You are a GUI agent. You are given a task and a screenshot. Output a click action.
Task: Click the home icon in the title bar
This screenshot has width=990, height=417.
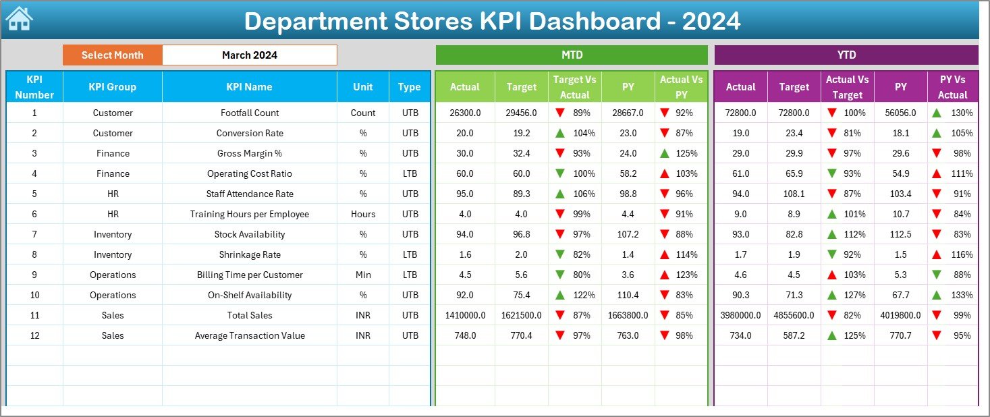[19, 20]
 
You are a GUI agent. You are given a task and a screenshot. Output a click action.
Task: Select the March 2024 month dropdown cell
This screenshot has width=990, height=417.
[249, 55]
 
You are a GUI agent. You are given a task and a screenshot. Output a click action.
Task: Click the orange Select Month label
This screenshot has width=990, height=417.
[112, 55]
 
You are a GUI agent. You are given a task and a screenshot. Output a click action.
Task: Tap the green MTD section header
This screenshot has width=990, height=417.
[572, 55]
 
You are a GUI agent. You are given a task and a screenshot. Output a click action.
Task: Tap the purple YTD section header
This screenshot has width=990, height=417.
[846, 55]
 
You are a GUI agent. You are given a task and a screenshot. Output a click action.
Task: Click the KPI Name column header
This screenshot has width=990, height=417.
[249, 86]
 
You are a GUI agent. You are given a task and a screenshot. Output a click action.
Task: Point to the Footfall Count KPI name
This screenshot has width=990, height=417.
[249, 113]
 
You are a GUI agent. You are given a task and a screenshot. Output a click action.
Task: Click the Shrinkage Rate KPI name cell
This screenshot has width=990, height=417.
[249, 254]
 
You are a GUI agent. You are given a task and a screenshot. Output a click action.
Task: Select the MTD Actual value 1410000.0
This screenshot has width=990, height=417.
[464, 315]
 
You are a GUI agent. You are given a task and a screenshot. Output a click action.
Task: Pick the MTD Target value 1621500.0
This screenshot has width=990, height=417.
[521, 315]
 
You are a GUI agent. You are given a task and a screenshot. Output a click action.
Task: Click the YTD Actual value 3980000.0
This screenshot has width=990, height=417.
[740, 315]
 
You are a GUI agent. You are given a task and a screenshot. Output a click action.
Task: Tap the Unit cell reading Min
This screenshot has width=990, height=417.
[363, 275]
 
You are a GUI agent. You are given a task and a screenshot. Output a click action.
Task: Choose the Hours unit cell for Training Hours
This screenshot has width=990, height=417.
[363, 214]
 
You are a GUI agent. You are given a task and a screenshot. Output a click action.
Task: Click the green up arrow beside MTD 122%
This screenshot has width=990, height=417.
[559, 295]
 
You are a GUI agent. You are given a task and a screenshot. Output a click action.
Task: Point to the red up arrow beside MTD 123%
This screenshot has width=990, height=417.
[665, 275]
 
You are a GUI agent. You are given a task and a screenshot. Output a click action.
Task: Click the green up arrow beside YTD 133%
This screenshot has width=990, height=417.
[937, 295]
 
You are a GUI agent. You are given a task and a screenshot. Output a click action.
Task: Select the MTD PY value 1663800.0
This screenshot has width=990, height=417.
[628, 315]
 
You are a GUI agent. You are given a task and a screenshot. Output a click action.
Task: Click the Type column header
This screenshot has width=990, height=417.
[409, 86]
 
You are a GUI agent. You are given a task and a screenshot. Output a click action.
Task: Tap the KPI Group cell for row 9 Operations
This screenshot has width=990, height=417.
[113, 275]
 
